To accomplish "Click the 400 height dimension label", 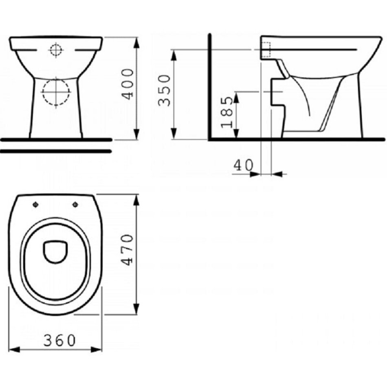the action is point(128,84).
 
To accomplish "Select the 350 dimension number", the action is point(165,90).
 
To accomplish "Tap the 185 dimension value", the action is point(227,112).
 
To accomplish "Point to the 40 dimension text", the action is point(243,165).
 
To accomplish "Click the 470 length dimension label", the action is point(128,250).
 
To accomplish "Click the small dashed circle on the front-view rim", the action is point(56,50).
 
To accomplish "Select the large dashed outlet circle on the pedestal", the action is point(56,92).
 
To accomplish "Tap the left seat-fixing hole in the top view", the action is point(36,204).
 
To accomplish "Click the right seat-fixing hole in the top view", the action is point(75,204).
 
